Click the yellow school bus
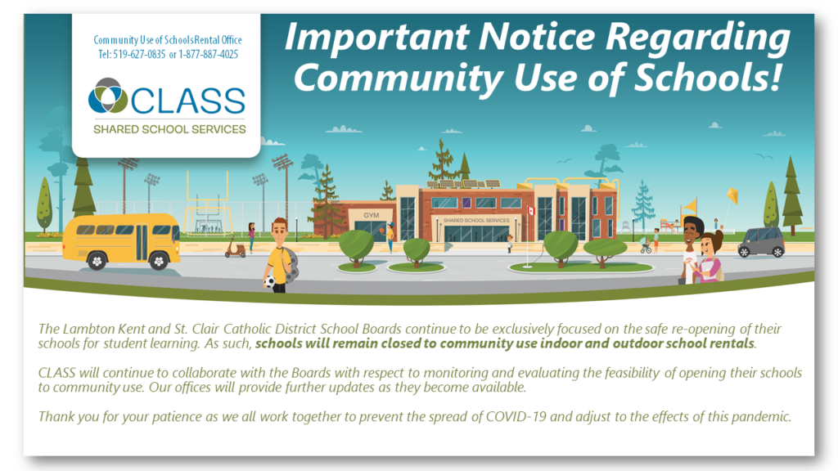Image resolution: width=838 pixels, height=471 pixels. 121,241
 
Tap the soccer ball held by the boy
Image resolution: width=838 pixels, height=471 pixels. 270,281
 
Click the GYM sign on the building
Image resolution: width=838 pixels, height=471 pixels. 371,215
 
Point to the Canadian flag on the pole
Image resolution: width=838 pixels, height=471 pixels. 530,210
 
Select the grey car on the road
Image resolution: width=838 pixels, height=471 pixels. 761,242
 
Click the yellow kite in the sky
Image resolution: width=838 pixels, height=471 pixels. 732,196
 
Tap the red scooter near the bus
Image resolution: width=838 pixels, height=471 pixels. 235,249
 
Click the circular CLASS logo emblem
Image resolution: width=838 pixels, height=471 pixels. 108,96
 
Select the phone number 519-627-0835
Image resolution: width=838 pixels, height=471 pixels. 139,55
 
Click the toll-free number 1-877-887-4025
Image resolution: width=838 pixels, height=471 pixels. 209,55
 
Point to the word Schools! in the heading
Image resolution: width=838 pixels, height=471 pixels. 708,78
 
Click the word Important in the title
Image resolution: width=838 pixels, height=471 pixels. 376,38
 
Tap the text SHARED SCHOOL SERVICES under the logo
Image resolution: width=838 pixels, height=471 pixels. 169,129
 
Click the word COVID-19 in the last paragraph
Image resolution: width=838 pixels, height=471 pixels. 516,416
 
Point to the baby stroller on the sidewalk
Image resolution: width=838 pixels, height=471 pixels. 646,246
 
